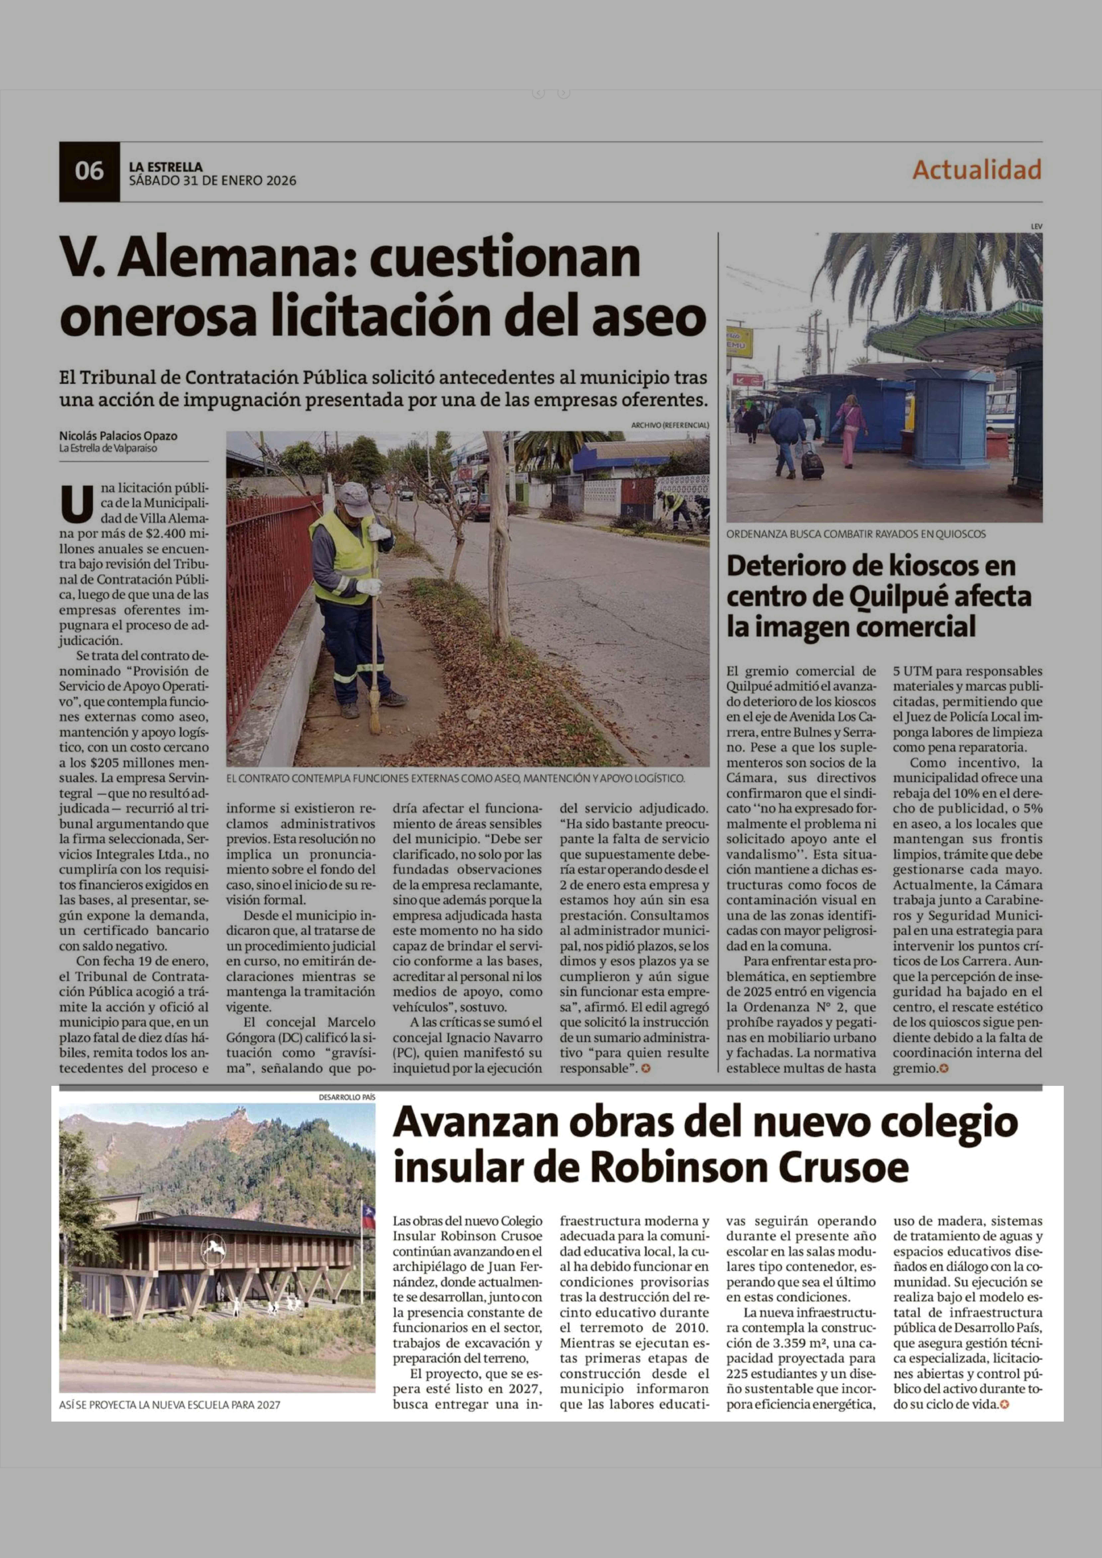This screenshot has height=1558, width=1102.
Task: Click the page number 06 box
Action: coord(89,171)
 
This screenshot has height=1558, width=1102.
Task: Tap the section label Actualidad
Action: coord(977,170)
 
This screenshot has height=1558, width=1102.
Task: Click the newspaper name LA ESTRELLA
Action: coord(166,166)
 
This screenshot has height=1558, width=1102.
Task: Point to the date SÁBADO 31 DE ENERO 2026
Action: coord(212,180)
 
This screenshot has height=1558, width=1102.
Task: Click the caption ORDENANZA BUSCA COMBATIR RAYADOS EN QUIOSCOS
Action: coord(856,534)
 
